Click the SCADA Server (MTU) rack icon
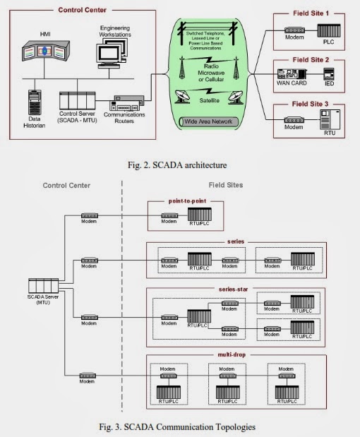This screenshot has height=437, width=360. point(43,286)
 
